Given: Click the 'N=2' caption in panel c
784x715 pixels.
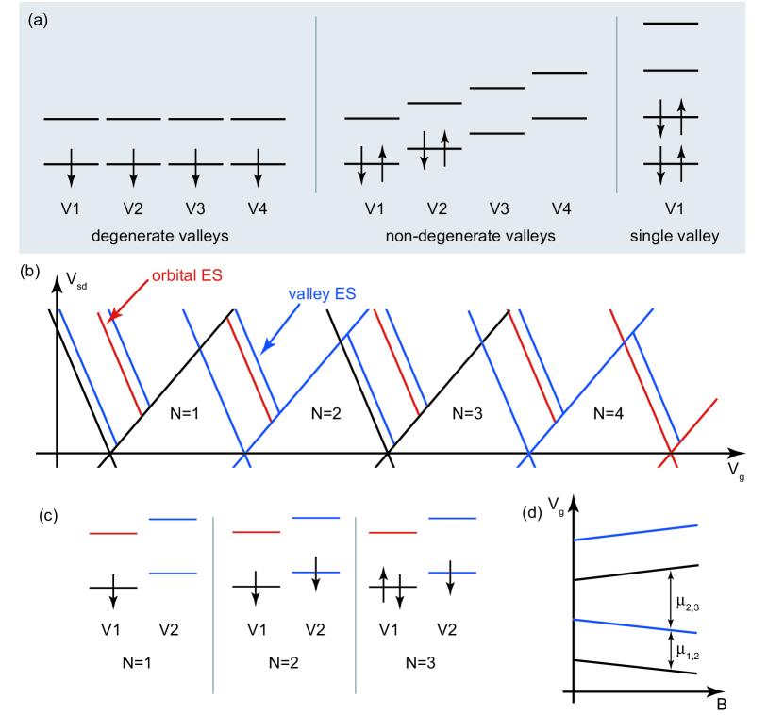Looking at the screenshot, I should click(x=284, y=660).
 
